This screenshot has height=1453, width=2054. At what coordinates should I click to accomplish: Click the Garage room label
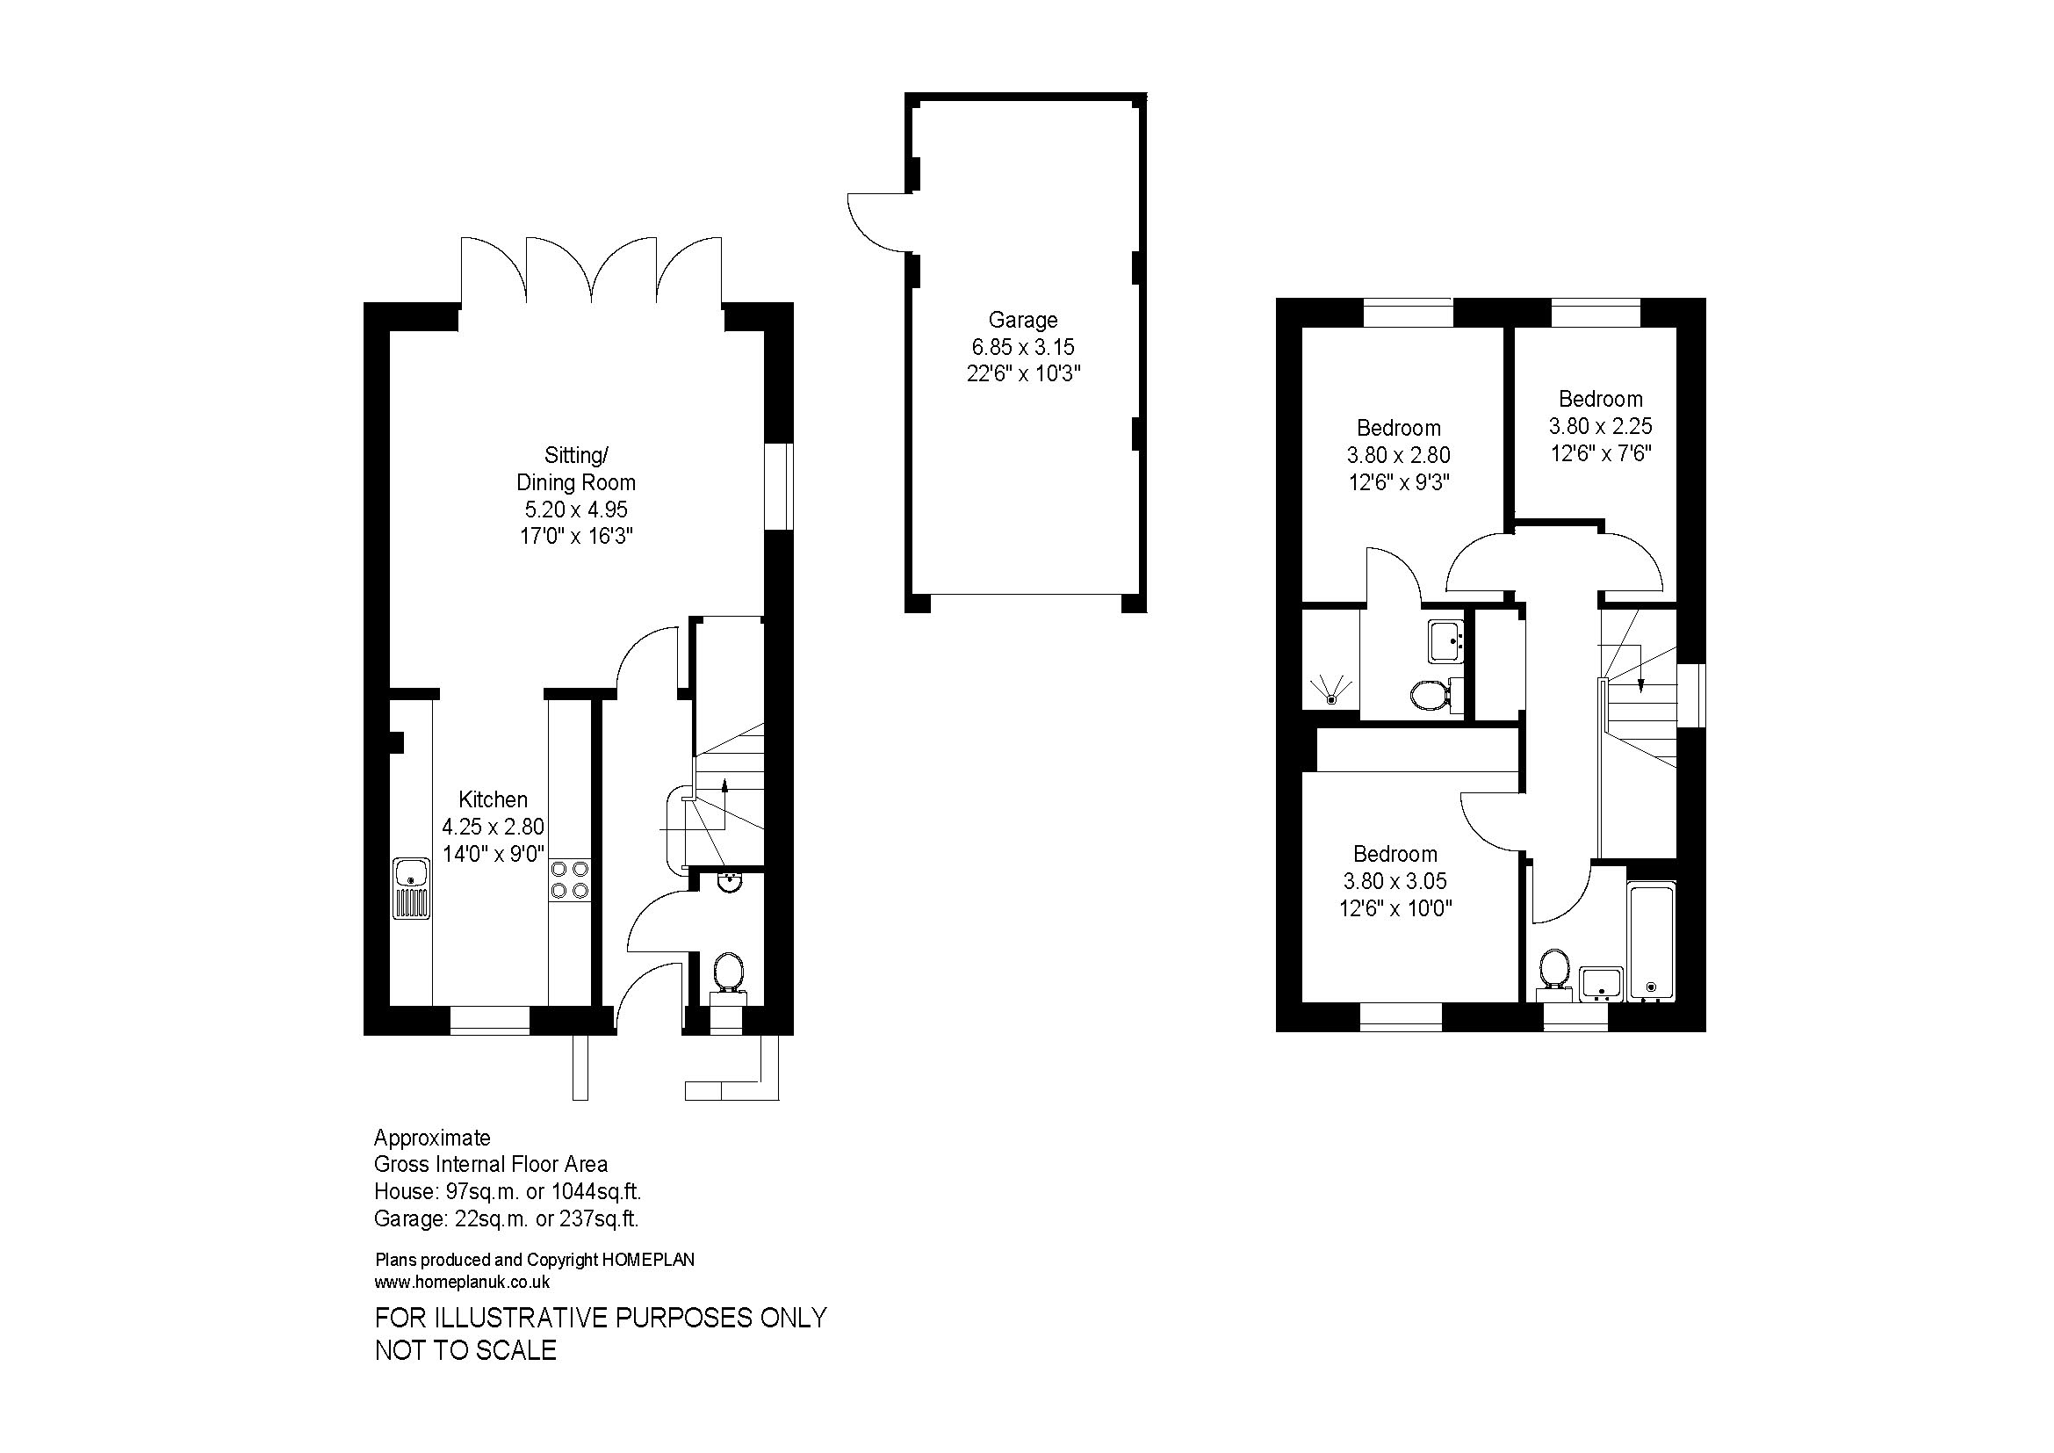point(1022,320)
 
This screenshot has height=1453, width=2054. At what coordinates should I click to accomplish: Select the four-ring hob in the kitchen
point(570,878)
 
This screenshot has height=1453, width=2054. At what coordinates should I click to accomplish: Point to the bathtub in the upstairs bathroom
point(1652,941)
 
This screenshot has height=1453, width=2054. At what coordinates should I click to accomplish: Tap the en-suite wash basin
point(1445,640)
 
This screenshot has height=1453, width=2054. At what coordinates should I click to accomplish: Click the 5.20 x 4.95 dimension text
point(576,510)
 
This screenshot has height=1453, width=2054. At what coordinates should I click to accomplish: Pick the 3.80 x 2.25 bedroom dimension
point(1601,426)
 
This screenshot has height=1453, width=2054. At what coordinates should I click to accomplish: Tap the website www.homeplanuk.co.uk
point(462,1282)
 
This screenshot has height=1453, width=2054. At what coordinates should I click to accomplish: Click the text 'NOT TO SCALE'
point(465,1350)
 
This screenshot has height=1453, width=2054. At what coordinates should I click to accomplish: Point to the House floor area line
point(508,1192)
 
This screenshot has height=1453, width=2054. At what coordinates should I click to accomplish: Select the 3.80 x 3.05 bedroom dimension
point(1395,881)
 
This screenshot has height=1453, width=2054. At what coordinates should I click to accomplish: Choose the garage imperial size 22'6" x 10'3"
point(1023,374)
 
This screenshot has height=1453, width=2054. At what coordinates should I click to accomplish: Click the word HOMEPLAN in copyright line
point(648,1260)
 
